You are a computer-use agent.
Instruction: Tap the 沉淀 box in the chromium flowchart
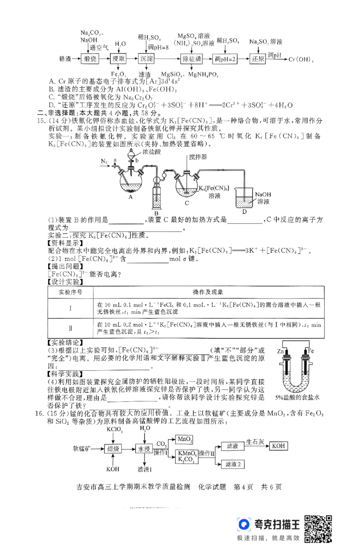pos(146,59)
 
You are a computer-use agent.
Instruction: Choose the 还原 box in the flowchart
pos(257,59)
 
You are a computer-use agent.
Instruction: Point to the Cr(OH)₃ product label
pos(301,59)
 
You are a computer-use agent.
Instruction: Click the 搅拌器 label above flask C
pos(198,157)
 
